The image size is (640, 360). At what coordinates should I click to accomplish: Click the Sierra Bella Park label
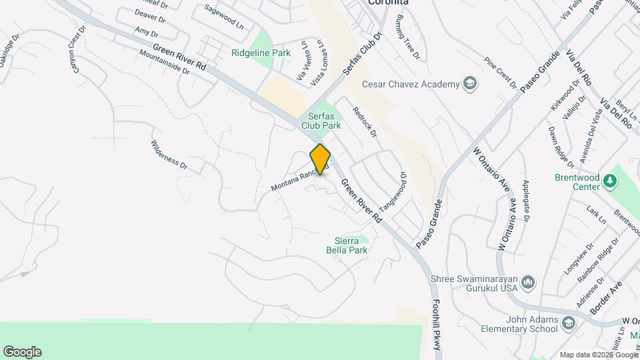coord(351,245)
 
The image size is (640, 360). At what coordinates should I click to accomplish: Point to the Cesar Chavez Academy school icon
coord(470,84)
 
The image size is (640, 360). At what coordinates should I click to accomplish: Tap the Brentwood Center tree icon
coord(609,181)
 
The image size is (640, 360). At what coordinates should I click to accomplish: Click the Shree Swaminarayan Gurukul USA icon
coord(528,283)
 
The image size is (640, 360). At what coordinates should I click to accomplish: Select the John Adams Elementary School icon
coord(568,324)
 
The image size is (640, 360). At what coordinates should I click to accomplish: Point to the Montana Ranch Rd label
coord(299,178)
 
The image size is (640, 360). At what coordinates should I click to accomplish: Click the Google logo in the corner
coord(22,351)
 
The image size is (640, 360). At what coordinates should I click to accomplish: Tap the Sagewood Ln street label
coord(224,16)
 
